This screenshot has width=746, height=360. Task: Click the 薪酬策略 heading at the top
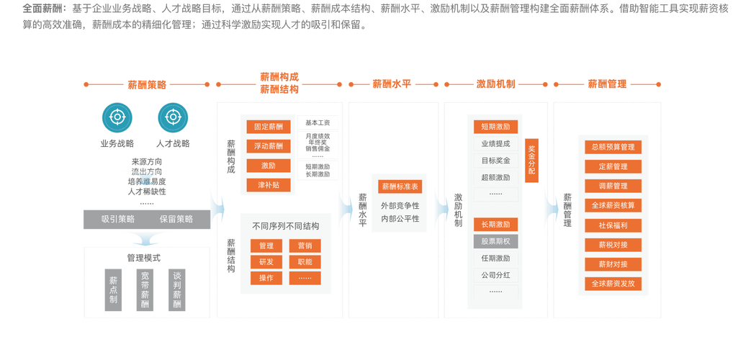pyautogui.click(x=147, y=84)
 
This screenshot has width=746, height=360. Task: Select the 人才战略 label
pyautogui.click(x=173, y=143)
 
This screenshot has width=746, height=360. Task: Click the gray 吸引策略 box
pyautogui.click(x=117, y=220)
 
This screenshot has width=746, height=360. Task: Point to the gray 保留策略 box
pyautogui.click(x=176, y=220)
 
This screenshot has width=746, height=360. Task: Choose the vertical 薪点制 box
pyautogui.click(x=113, y=289)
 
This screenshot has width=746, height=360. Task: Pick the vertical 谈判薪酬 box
pyautogui.click(x=176, y=289)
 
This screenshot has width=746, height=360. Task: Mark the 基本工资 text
pyautogui.click(x=318, y=122)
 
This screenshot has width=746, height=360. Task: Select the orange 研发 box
pyautogui.click(x=266, y=262)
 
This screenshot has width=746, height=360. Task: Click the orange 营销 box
pyautogui.click(x=305, y=246)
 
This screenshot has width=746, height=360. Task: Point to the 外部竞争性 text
pyautogui.click(x=400, y=205)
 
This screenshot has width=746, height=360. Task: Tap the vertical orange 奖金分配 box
pyautogui.click(x=531, y=161)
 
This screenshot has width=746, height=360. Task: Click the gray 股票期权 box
pyautogui.click(x=495, y=241)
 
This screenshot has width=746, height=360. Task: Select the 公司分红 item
pyautogui.click(x=495, y=274)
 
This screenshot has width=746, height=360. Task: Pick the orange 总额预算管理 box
pyautogui.click(x=613, y=147)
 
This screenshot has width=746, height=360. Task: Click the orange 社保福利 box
pyautogui.click(x=613, y=225)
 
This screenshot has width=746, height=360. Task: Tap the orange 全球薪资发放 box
pyautogui.click(x=613, y=284)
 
